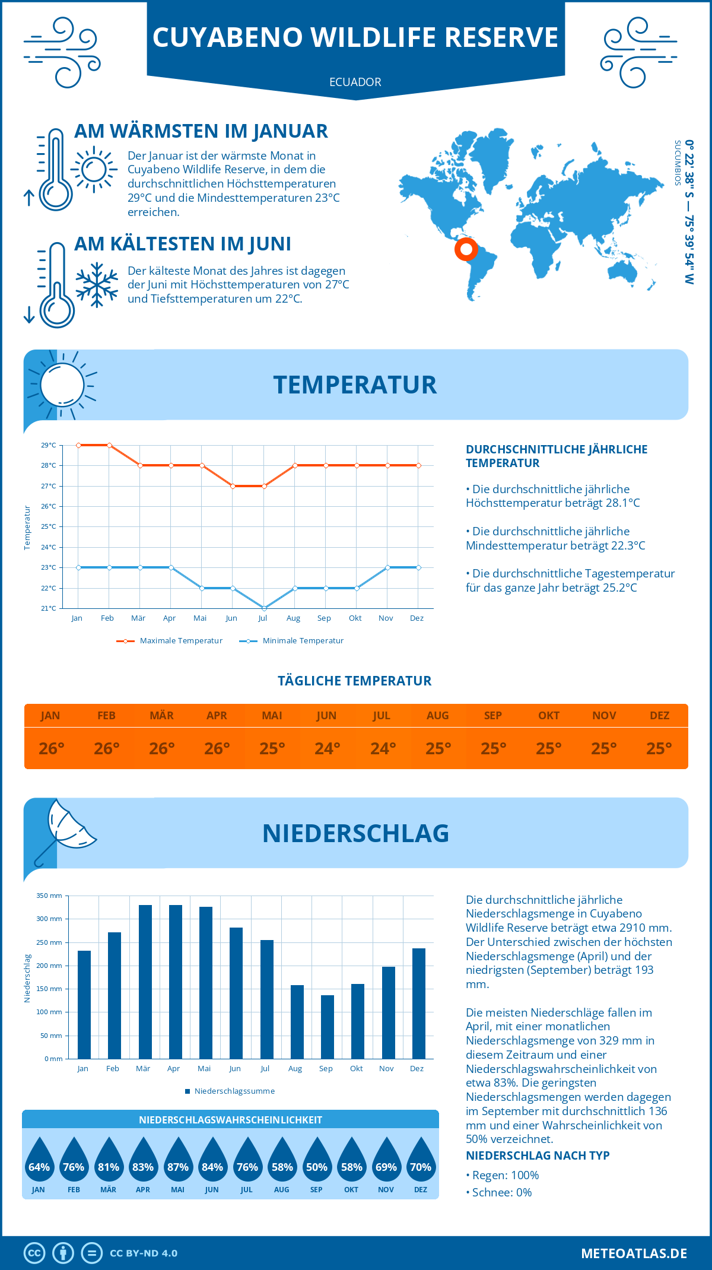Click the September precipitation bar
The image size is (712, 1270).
click(x=327, y=1027)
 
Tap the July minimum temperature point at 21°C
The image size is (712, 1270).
click(x=264, y=608)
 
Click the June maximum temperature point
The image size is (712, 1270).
click(x=233, y=486)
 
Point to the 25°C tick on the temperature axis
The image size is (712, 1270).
click(x=49, y=526)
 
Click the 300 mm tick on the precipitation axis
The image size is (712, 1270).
click(x=49, y=919)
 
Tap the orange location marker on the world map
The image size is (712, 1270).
click(x=466, y=249)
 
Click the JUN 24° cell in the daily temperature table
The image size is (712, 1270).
click(x=327, y=748)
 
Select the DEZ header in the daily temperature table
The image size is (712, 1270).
click(x=659, y=716)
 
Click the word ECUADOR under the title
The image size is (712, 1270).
click(x=355, y=82)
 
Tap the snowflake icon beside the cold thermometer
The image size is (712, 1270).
click(x=97, y=285)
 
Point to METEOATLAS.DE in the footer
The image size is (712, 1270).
click(x=634, y=1253)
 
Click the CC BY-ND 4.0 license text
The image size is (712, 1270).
click(x=144, y=1253)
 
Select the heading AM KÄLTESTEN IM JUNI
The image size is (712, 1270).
click(x=183, y=244)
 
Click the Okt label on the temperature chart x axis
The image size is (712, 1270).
click(x=355, y=618)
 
